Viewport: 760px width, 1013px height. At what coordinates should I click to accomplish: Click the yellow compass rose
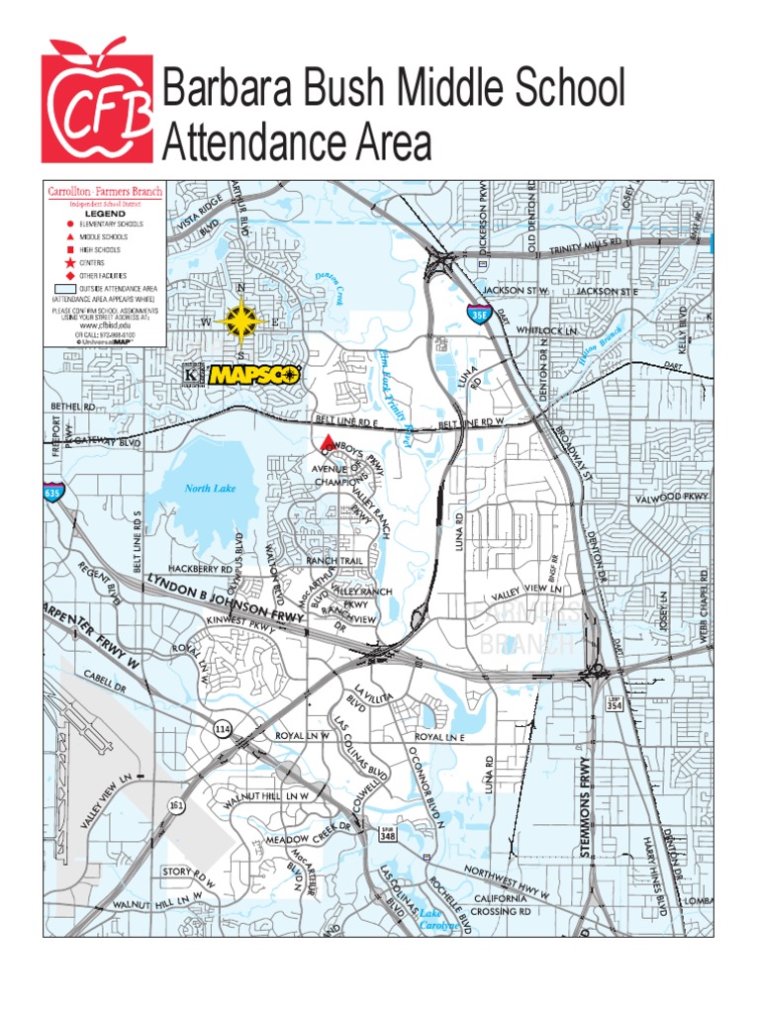pos(241,322)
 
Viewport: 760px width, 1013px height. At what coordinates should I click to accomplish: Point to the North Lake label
pos(210,488)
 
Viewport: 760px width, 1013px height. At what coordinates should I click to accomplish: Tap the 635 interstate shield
pos(52,492)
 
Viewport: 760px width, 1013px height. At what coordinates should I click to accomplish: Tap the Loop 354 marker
pos(614,703)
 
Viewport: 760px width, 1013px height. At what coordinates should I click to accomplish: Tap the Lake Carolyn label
pos(438,920)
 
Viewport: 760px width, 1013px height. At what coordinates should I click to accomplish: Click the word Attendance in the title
pos(297,144)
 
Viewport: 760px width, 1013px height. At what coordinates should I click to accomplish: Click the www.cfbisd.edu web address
pos(105,323)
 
